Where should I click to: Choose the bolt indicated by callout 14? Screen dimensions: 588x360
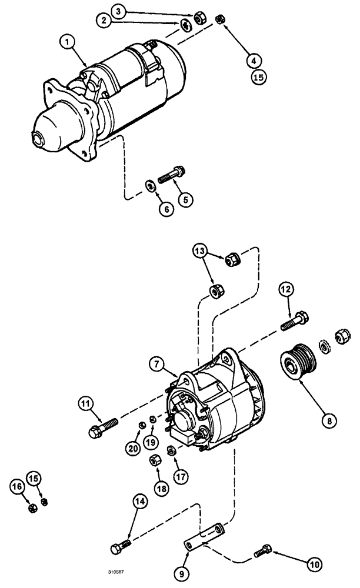[x=122, y=546]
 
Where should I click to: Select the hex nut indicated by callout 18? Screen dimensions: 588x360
[x=157, y=459]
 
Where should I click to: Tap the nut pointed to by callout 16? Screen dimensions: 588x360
[x=34, y=507]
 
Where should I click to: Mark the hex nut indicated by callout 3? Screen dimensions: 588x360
[x=198, y=17]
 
